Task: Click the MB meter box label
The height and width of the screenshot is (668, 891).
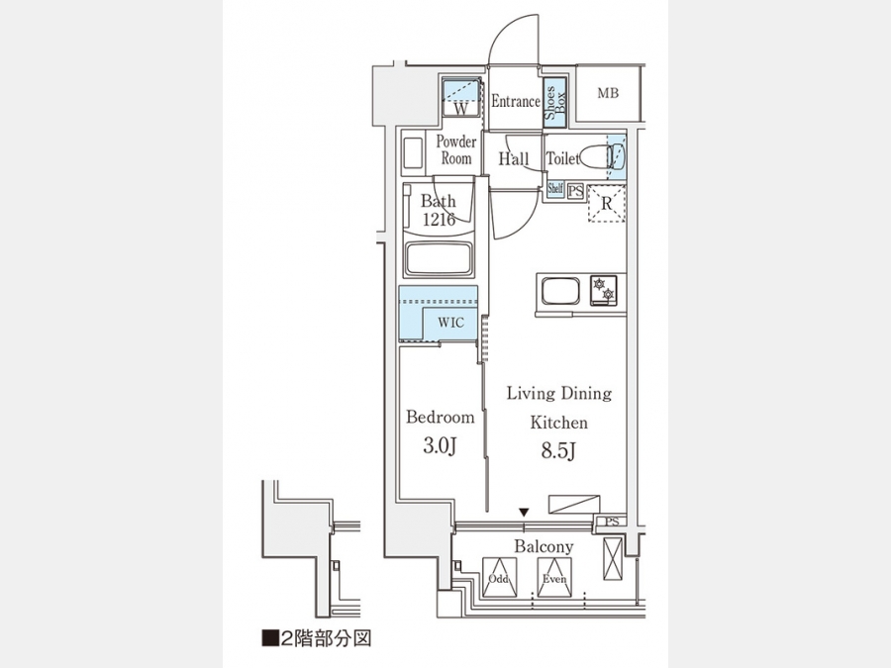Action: tap(608, 93)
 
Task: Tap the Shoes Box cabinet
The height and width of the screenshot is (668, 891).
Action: tap(555, 102)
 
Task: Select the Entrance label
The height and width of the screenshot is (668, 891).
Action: tap(516, 101)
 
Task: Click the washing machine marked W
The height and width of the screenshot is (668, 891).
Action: tap(460, 98)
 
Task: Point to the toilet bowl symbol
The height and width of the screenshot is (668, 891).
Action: tap(603, 156)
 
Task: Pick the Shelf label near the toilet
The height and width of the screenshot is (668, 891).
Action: tap(555, 188)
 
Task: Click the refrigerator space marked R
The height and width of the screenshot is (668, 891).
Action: tap(606, 203)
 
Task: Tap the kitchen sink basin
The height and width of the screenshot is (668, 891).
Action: tap(560, 291)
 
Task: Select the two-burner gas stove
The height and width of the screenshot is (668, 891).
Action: tap(603, 290)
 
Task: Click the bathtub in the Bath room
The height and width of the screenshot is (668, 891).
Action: tap(439, 258)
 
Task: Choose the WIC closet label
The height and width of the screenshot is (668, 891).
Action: tap(450, 323)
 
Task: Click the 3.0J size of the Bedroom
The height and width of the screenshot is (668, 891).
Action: tap(440, 446)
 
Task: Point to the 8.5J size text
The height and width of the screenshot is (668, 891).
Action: tap(558, 451)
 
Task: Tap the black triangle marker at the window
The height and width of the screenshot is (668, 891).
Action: tap(524, 513)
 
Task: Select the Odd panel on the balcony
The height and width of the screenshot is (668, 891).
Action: tap(500, 577)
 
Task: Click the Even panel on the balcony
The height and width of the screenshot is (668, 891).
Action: tap(554, 577)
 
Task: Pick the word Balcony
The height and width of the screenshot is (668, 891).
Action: tap(544, 547)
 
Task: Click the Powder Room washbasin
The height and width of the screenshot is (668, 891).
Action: tap(412, 153)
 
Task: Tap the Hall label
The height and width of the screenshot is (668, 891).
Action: tap(514, 158)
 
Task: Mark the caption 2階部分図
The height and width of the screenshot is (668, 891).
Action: tap(317, 638)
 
